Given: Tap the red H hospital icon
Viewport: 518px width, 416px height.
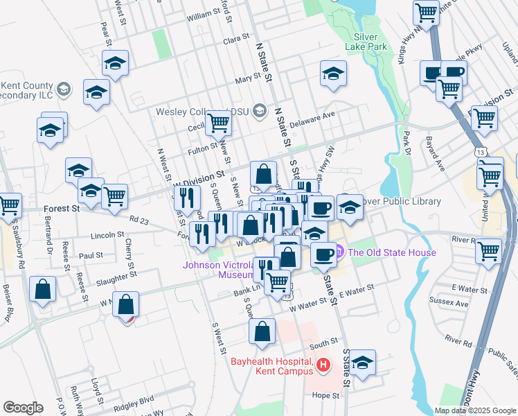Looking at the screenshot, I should coord(322,364).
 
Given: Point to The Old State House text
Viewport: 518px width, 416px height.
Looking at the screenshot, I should coord(385,252).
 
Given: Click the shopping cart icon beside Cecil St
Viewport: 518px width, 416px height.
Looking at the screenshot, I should coord(219,123).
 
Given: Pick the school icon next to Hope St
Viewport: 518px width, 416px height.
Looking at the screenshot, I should coord(361,363).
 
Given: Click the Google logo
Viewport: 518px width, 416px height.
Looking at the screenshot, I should coord(23,407).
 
